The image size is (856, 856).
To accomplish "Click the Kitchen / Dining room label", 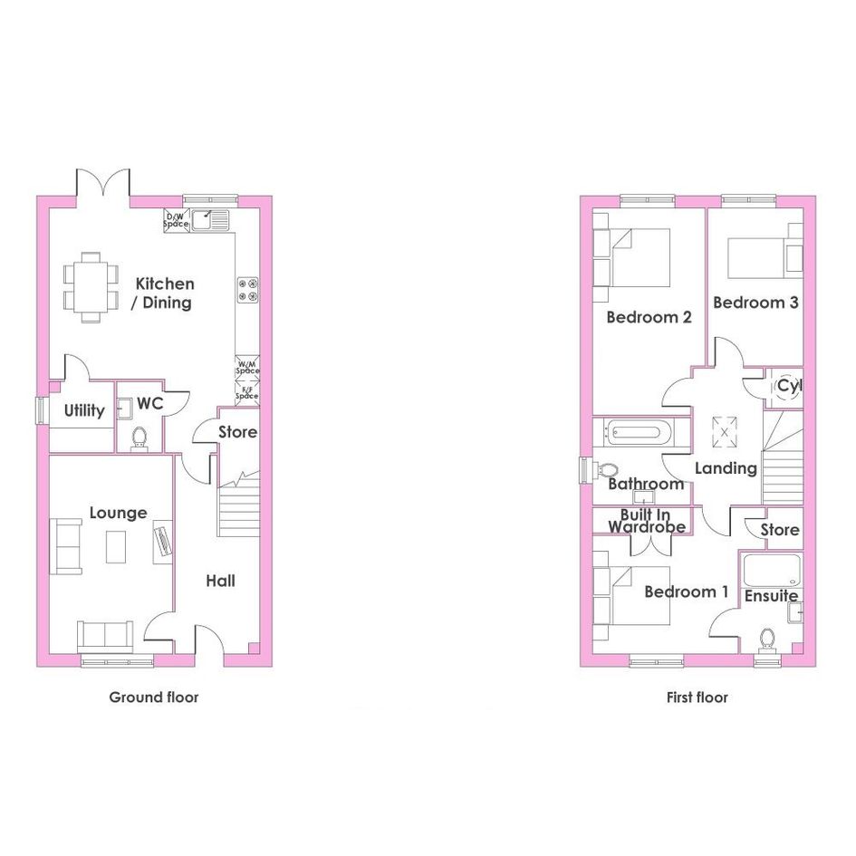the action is [163, 293].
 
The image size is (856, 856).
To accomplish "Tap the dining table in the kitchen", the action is [91, 287].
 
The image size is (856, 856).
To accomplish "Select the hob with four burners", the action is [247, 290].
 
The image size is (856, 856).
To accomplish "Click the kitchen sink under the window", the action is [210, 219].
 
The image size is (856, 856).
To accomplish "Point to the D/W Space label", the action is [176, 220].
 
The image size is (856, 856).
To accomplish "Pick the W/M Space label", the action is [247, 368].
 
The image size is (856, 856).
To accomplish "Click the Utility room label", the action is [84, 410].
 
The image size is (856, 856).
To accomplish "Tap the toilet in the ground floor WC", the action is [139, 439].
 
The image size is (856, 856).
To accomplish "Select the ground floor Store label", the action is [237, 432].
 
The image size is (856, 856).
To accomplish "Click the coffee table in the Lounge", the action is [116, 546].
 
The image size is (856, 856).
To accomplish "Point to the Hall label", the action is [220, 581].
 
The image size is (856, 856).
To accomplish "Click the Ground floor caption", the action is [154, 697].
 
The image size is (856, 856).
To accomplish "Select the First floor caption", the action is [697, 697].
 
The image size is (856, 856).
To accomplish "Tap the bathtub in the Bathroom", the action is [636, 433].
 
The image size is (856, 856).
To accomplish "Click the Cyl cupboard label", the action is [789, 386].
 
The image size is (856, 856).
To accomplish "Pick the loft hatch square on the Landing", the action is [725, 432].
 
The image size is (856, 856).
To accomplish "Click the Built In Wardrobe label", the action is [647, 521].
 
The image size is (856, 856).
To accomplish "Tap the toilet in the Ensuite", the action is [767, 640].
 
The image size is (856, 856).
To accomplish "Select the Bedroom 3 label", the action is [755, 303].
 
